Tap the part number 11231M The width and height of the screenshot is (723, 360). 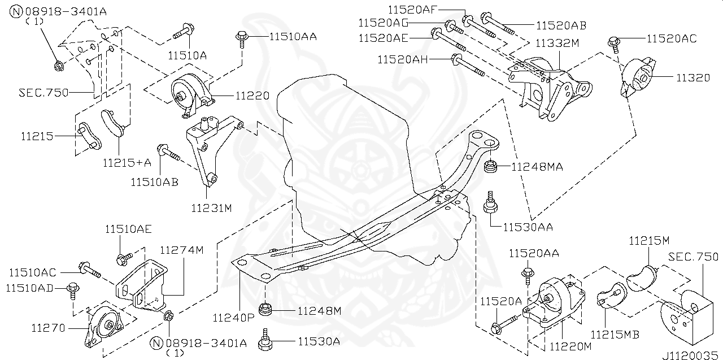coord(211,208)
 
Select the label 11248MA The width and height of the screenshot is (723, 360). coord(537,167)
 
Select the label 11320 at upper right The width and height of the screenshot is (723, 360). coord(693,78)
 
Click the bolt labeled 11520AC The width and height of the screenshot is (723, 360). coord(614,42)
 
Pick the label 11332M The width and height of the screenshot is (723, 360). coord(557,44)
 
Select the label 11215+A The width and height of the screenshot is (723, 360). coord(127,163)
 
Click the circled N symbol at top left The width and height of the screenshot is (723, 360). coord(17,11)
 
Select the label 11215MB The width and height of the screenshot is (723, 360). coord(615,335)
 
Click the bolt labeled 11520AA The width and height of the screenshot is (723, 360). coord(528,275)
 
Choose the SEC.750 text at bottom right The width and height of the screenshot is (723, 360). coord(693,256)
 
